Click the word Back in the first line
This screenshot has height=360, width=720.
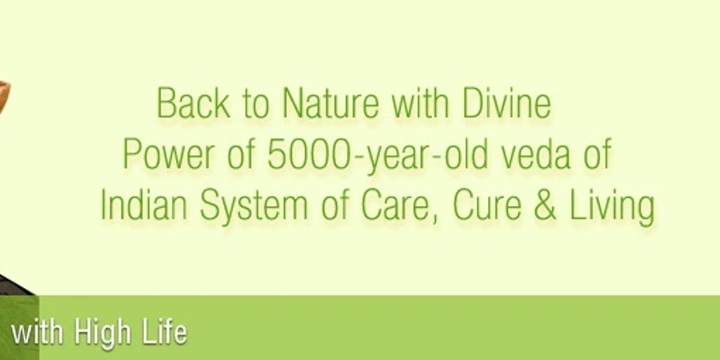click(193, 103)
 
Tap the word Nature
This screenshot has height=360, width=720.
click(330, 103)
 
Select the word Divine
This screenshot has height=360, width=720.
click(506, 103)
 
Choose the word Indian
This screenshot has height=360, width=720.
click(145, 206)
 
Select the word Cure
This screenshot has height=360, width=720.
click(487, 206)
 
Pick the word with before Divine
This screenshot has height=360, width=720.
click(420, 103)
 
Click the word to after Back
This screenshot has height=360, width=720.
click(255, 105)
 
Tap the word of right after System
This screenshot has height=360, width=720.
click(336, 206)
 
